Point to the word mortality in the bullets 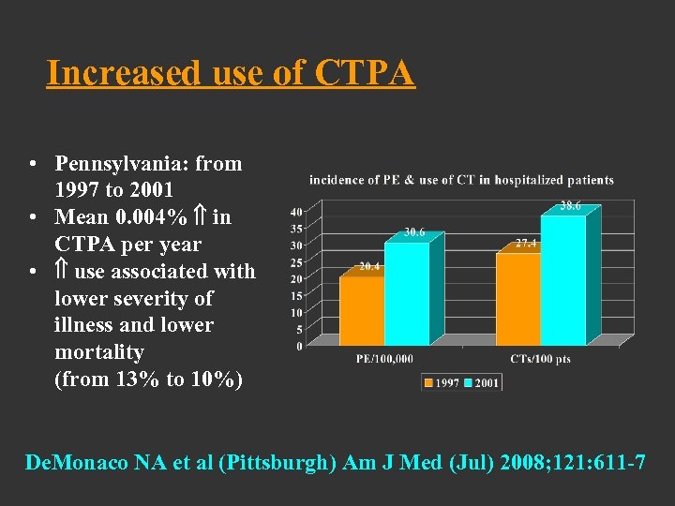coord(98,353)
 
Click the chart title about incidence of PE coord(461,180)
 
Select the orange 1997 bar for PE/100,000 coord(362,309)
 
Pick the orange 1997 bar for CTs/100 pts coord(517,298)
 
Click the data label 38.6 coord(571,206)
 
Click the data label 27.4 coord(526,243)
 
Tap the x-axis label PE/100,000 coord(384,359)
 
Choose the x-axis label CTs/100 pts coord(540,359)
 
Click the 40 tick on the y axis coord(295,212)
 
